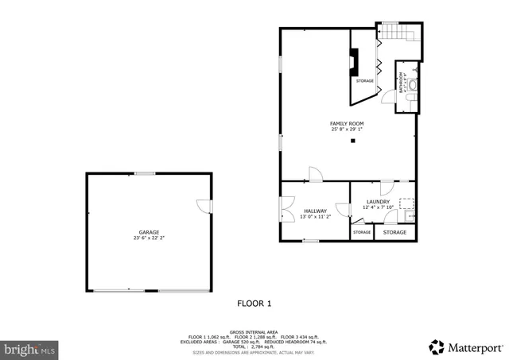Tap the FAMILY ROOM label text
tap(347, 124)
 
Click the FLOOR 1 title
tap(254, 303)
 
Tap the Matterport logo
tap(465, 347)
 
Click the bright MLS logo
tap(29, 348)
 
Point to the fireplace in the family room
tap(353, 61)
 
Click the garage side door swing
tap(204, 205)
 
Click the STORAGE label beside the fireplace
tap(364, 81)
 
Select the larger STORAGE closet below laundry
tap(395, 232)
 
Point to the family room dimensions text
tap(347, 130)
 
